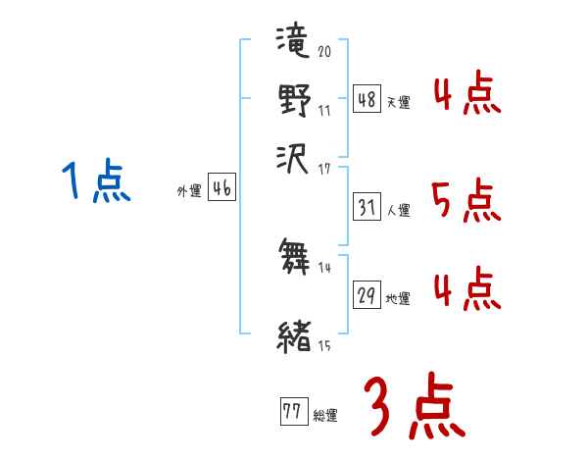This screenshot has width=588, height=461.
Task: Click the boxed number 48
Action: (367, 100)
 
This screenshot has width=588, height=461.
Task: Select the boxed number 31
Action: (367, 208)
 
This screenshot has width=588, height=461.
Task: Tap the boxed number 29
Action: (367, 294)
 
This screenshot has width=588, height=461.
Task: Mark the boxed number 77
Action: (292, 411)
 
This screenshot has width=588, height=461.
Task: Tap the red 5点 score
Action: (466, 201)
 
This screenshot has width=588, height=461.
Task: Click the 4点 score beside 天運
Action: (466, 96)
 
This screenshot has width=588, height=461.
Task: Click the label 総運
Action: (325, 415)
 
